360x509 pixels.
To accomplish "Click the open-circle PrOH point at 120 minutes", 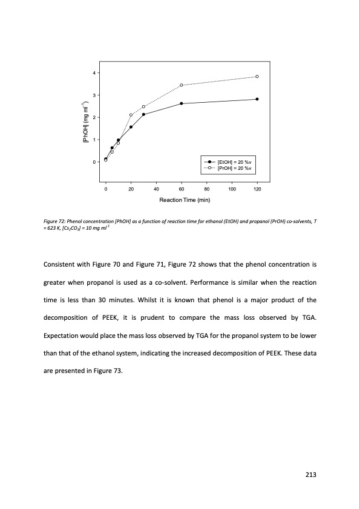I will pyautogui.click(x=257, y=77).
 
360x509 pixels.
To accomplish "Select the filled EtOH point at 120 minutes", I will pyautogui.click(x=257, y=99).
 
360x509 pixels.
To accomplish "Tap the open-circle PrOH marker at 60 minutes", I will pyautogui.click(x=182, y=85).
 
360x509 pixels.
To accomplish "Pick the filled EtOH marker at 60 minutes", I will pyautogui.click(x=182, y=103).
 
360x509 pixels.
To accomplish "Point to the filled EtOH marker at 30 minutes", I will pyautogui.click(x=143, y=114).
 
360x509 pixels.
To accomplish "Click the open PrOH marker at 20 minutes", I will pyautogui.click(x=131, y=115).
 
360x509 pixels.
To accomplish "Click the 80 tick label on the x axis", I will pyautogui.click(x=207, y=190).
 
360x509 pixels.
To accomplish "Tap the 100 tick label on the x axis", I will pyautogui.click(x=232, y=190).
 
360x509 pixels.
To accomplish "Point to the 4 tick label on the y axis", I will pyautogui.click(x=94, y=73).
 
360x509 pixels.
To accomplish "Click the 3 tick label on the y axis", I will pyautogui.click(x=94, y=96).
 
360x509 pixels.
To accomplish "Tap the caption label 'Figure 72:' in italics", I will pyautogui.click(x=56, y=224).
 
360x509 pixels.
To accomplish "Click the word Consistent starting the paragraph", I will pyautogui.click(x=62, y=265).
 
